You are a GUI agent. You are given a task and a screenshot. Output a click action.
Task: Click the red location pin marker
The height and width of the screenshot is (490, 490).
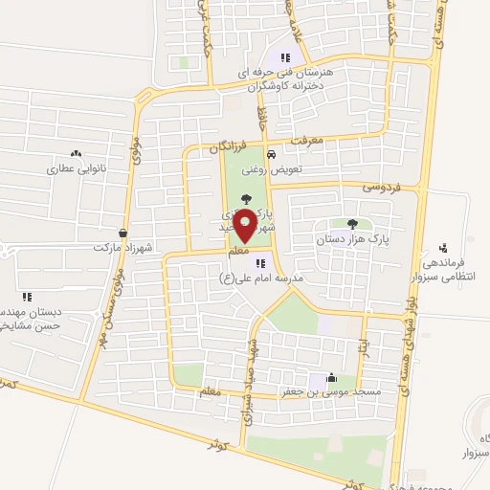[x=246, y=226]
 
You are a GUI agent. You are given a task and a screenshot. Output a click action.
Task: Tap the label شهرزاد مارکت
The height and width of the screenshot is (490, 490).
[x=123, y=247]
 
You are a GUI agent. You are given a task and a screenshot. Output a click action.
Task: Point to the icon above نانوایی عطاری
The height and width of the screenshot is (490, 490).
[x=76, y=153]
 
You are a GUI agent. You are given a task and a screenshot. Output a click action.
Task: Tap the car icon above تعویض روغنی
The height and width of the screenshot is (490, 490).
[x=272, y=154]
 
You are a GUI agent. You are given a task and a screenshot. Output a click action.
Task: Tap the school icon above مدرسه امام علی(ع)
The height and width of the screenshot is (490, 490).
[x=260, y=262]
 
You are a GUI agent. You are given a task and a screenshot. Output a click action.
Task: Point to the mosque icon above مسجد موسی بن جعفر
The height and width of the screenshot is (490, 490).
[x=331, y=377]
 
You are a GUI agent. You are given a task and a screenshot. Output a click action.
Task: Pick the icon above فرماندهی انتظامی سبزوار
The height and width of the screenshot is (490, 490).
[x=442, y=247]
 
